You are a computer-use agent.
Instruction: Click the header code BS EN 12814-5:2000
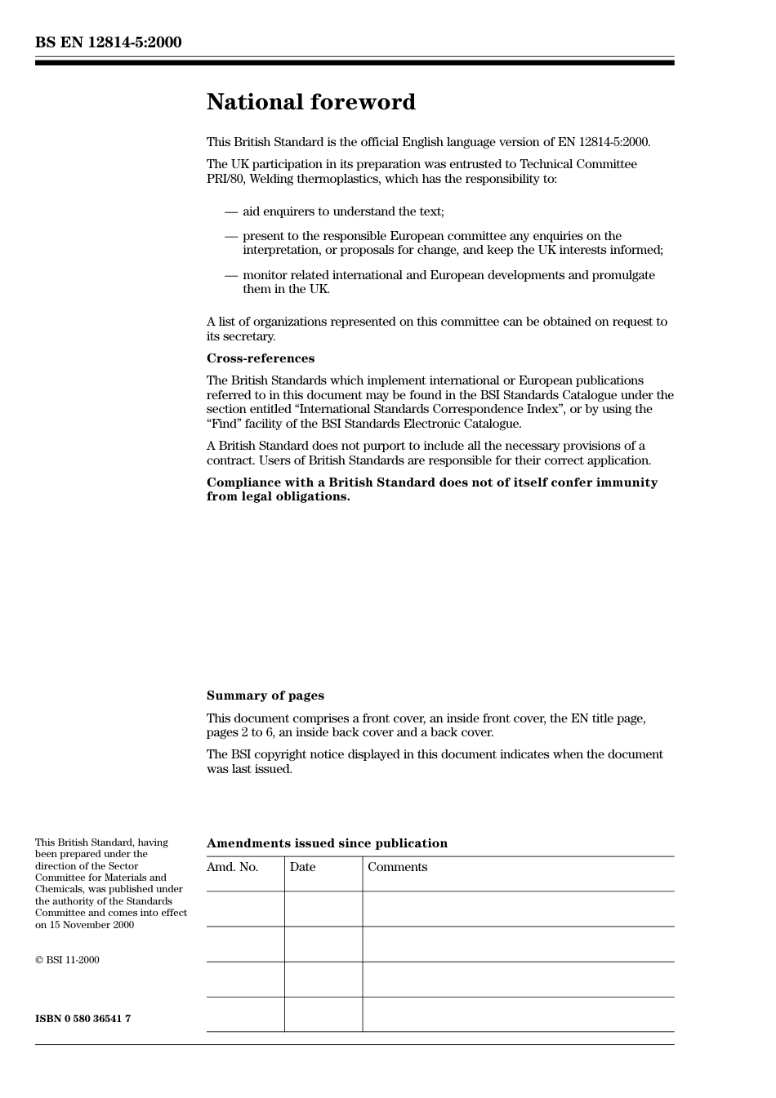(108, 42)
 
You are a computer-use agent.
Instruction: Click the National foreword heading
(310, 102)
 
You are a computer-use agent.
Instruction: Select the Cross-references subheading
(260, 358)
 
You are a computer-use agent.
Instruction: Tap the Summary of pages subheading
(265, 696)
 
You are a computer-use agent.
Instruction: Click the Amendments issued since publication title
(327, 843)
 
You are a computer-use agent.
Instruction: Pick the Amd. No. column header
(232, 867)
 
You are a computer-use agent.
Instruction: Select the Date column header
(302, 867)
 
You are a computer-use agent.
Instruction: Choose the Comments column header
(397, 867)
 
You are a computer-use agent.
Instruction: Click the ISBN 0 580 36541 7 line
(83, 1019)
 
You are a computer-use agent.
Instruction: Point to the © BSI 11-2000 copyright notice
(67, 960)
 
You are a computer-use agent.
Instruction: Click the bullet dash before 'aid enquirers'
(231, 211)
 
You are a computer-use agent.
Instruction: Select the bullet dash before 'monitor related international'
(231, 275)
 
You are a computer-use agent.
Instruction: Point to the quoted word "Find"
(220, 424)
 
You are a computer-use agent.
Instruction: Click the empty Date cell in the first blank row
(323, 909)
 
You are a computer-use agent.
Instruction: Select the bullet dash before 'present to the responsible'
(231, 236)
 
